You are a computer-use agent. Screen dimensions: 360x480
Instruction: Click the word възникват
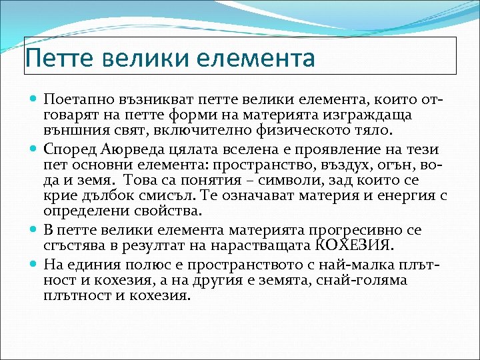[147, 99]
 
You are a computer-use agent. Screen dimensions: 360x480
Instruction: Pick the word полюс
[137, 263]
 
